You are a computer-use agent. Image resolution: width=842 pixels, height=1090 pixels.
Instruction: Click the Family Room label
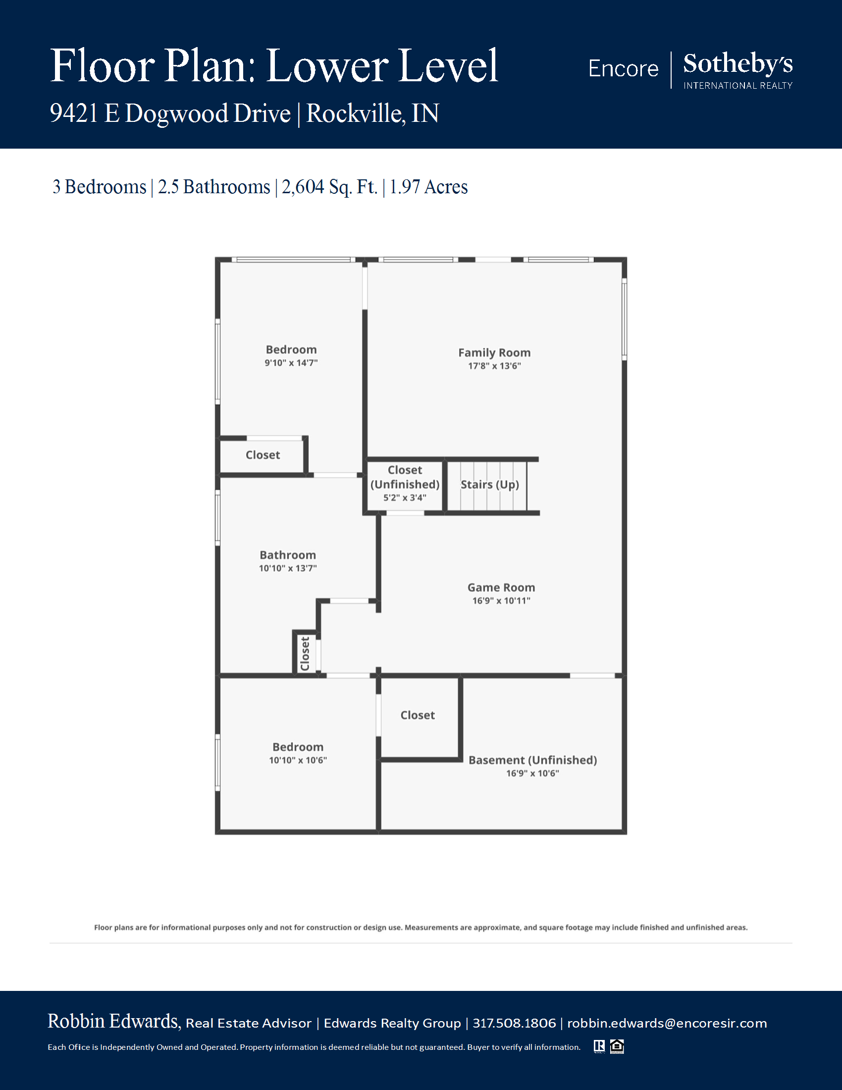click(494, 352)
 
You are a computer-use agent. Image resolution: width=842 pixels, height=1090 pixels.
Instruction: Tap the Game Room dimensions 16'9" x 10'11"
click(501, 600)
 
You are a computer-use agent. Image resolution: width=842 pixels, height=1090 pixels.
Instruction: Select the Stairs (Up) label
click(490, 485)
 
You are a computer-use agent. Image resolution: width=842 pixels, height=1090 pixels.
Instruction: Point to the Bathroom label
click(288, 555)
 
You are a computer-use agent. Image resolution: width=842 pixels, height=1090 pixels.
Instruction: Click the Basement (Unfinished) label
click(533, 760)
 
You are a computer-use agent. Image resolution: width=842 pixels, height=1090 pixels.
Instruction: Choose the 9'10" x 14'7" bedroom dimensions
click(291, 363)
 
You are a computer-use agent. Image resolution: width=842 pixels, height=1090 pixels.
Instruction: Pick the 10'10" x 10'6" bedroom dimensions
click(298, 760)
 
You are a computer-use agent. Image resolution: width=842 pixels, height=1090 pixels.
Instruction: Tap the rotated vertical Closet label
click(305, 654)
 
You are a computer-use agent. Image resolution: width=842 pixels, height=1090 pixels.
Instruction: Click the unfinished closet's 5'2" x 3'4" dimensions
click(405, 497)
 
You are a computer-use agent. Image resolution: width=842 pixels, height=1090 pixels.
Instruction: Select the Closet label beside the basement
click(418, 715)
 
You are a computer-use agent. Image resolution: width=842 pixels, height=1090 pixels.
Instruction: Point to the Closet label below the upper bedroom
click(263, 455)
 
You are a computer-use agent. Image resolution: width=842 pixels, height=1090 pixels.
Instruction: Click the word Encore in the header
click(624, 68)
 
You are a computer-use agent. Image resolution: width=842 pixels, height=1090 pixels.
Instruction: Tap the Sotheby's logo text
click(738, 64)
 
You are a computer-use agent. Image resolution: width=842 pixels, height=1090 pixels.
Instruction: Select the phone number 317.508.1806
click(514, 1023)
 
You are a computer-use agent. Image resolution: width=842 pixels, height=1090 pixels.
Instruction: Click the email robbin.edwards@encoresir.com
click(667, 1023)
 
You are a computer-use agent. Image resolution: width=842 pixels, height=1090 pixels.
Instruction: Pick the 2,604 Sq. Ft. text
click(329, 187)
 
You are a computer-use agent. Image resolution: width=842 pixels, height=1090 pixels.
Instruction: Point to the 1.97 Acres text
click(428, 187)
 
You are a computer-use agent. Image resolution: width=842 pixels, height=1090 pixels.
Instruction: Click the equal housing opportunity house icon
click(617, 1046)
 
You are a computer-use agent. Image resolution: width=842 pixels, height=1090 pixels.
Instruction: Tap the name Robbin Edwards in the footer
click(114, 1022)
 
